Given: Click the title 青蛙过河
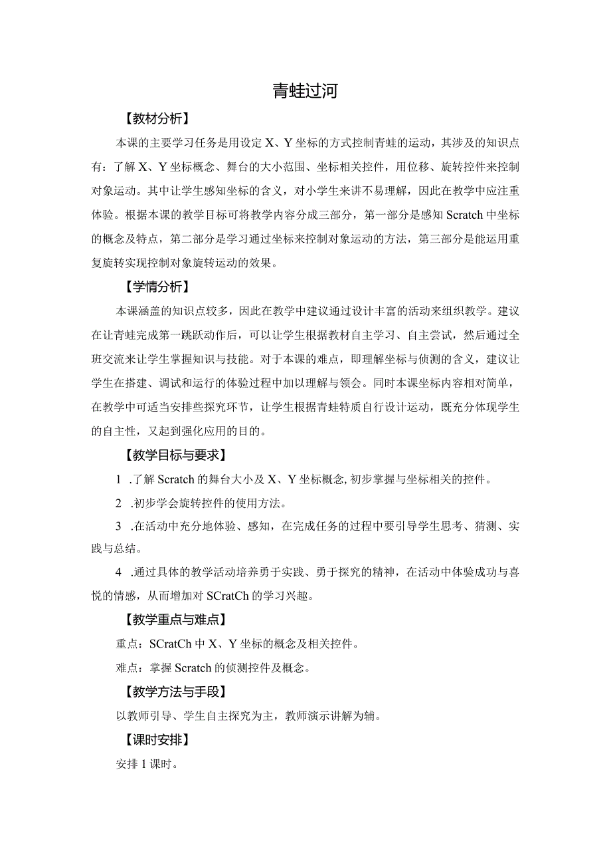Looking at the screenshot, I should pos(305,91).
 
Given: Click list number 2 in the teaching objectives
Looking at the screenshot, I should pos(118,502).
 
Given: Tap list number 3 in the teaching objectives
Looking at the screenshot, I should pos(118,526).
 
